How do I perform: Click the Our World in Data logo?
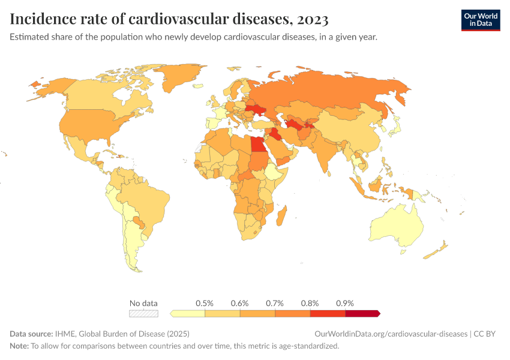pos(480,19)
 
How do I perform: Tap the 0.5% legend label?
pos(205,303)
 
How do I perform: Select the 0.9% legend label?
pos(345,303)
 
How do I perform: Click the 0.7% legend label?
pos(275,303)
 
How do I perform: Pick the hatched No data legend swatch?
pos(144,313)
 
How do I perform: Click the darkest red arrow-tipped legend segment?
pos(362,313)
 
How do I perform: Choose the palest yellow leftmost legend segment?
pos(188,313)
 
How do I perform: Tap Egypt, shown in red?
pos(257,145)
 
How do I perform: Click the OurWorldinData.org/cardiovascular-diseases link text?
pos(391,334)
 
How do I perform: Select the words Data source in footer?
pos(31,334)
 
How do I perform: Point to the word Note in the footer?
pos(19,346)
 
